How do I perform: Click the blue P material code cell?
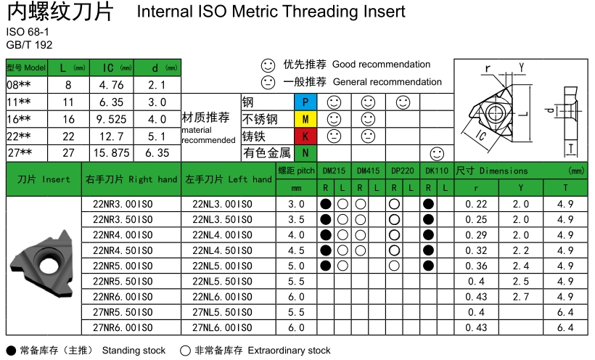[305, 102]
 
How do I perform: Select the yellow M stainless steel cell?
[305, 118]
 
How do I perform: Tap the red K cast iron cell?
[305, 136]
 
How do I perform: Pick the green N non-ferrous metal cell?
[305, 152]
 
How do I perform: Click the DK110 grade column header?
[437, 171]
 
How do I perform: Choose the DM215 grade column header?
[334, 171]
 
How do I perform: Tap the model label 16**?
[19, 119]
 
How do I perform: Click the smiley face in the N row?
[437, 152]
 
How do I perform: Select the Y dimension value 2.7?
[521, 297]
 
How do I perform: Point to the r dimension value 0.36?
[476, 266]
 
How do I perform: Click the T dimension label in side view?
[570, 148]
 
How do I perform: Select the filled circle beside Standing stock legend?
[10, 351]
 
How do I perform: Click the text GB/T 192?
[25, 45]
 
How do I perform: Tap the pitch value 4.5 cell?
[296, 250]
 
